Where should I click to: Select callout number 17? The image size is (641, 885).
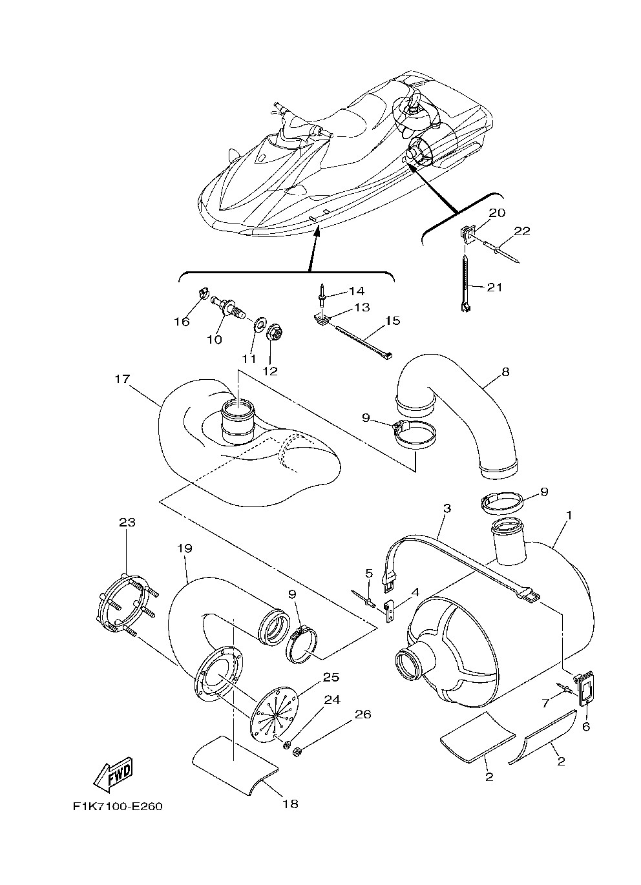pos(122,379)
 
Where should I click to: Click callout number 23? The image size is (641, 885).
pos(127,523)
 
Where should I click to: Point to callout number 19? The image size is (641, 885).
pos(185,548)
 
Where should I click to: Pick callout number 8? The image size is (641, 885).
pos(505,372)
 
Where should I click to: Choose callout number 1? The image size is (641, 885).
pos(569,515)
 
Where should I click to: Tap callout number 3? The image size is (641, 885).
pos(447,508)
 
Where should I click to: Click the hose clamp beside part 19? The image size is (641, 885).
pos(302,649)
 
